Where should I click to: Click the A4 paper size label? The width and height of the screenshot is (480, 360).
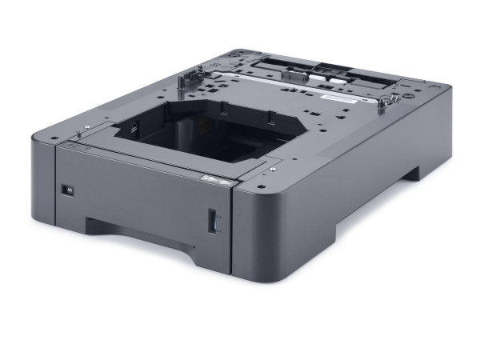[68, 190]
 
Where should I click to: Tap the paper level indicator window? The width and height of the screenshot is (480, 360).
[213, 221]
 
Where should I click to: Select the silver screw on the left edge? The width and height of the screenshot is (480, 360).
[84, 128]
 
